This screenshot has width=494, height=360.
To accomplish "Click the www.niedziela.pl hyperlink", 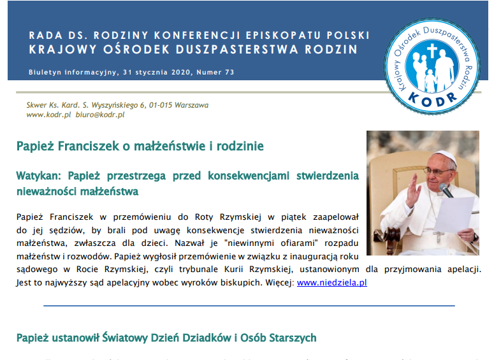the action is pyautogui.click(x=331, y=282).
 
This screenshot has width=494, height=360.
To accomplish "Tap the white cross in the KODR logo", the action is pyautogui.click(x=433, y=51).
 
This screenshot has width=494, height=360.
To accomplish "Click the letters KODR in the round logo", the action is pyautogui.click(x=433, y=99).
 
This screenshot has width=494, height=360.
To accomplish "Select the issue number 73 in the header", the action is pyautogui.click(x=229, y=72).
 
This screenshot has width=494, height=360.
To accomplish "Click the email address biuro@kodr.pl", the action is pyautogui.click(x=100, y=115).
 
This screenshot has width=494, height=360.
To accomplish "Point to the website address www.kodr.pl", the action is pyautogui.click(x=48, y=115).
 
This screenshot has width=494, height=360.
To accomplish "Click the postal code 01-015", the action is pyautogui.click(x=161, y=105).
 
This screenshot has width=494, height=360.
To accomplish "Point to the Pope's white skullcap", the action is pyautogui.click(x=444, y=156).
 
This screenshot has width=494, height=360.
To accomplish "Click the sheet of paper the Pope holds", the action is pyautogui.click(x=454, y=214).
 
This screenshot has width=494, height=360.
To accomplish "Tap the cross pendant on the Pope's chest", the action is pyautogui.click(x=437, y=236).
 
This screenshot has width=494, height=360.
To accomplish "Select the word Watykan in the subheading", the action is pyautogui.click(x=38, y=176).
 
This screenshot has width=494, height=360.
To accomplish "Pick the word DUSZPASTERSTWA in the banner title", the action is pyautogui.click(x=237, y=50).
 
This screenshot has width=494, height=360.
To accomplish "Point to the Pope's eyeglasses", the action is pyautogui.click(x=439, y=171).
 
